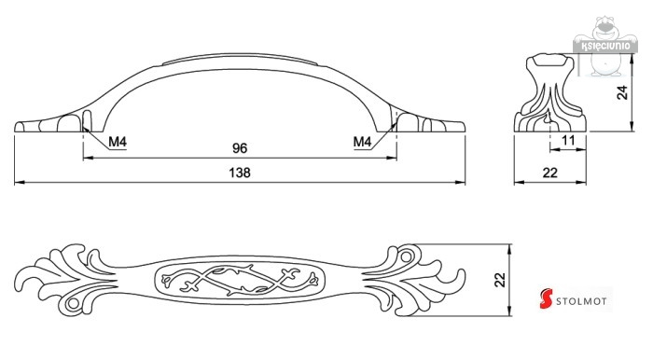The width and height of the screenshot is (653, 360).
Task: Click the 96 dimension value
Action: [x=240, y=148]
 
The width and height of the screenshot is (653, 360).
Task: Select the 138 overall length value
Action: [x=240, y=173]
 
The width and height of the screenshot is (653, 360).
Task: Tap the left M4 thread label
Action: [x=118, y=142]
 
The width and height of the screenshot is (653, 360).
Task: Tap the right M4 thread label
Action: [x=362, y=142]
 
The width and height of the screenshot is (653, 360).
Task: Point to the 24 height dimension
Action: [x=622, y=92]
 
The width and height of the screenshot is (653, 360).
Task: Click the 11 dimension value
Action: [x=568, y=140]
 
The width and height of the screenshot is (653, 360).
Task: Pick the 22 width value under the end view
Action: [x=550, y=173]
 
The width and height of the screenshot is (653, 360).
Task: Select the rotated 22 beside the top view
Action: [x=500, y=280]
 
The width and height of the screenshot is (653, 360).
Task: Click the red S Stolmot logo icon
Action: [x=546, y=298]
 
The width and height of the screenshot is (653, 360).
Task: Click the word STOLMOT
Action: [x=581, y=301]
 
